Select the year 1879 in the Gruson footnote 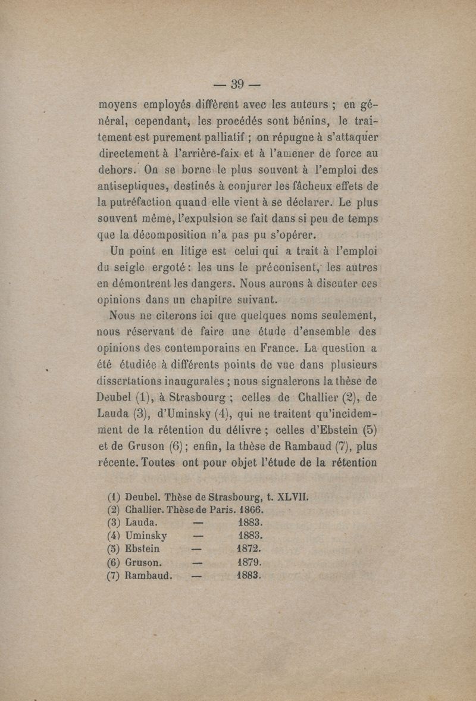(x=250, y=562)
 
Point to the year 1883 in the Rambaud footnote (x=250, y=575)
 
